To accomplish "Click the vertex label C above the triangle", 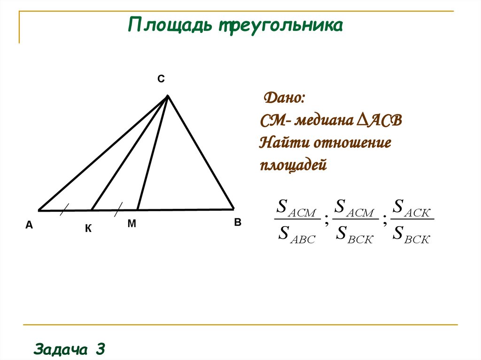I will pyautogui.click(x=161, y=79).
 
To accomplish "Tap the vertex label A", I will pyautogui.click(x=29, y=226).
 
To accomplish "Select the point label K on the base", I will pyautogui.click(x=88, y=229).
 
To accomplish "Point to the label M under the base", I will pyautogui.click(x=132, y=224).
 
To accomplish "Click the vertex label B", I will pyautogui.click(x=238, y=223).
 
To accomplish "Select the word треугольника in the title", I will pyautogui.click(x=279, y=26).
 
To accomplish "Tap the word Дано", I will pyautogui.click(x=285, y=99).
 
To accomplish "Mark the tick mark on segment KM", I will pyautogui.click(x=118, y=209).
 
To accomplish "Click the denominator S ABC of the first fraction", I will pyautogui.click(x=296, y=233).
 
